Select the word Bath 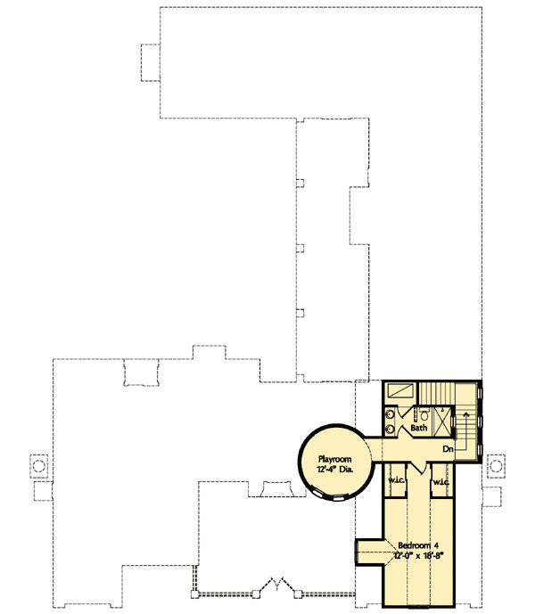point(418,428)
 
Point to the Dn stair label point(449,449)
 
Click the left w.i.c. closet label point(397,482)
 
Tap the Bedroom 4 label point(418,544)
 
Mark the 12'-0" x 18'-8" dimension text point(418,554)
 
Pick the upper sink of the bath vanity point(391,413)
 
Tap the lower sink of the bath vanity point(391,431)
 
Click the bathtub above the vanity point(400,390)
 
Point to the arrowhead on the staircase point(465,415)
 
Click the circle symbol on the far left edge point(37,465)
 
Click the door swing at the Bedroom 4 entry point(418,468)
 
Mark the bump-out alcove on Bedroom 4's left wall point(369,552)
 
